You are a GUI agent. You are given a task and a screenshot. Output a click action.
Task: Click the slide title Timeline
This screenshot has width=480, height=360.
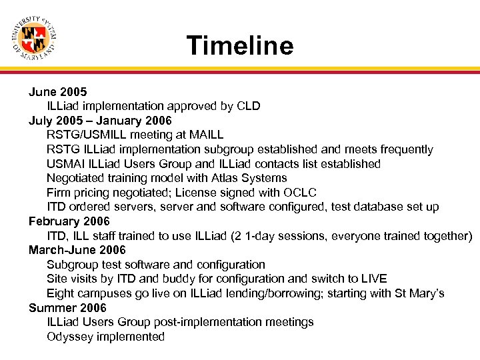(240, 46)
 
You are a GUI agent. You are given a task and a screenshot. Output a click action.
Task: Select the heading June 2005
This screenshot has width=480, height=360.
(57, 92)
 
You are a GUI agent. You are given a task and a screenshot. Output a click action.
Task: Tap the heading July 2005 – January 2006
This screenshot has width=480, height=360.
(100, 121)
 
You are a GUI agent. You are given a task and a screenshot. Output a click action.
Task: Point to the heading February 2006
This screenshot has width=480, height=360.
(69, 221)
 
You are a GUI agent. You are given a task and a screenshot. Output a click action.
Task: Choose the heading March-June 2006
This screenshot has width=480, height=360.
(77, 250)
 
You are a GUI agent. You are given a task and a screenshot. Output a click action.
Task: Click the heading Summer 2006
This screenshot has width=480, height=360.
(67, 307)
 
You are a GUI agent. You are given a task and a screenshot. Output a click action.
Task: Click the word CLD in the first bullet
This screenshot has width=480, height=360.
(247, 106)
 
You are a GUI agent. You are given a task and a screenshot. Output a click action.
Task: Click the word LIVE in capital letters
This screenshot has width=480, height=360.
(372, 279)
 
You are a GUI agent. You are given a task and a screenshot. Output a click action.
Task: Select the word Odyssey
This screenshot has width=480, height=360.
(69, 337)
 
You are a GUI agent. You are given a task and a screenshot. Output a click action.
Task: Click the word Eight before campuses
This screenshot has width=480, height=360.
(60, 293)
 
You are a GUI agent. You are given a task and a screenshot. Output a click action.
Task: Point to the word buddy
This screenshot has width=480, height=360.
(172, 279)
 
